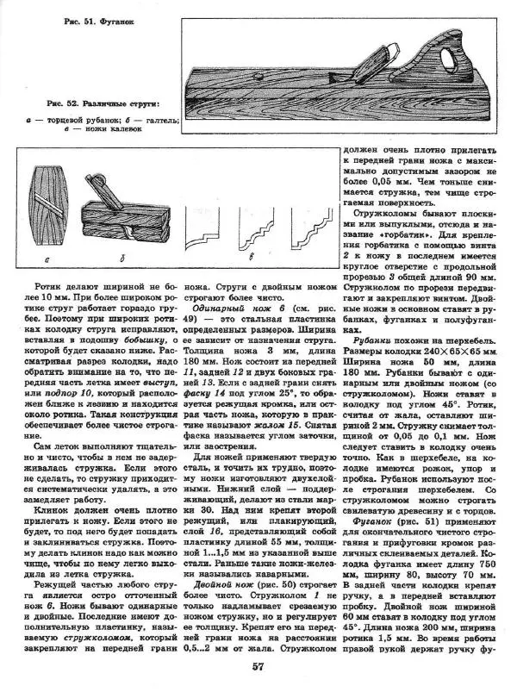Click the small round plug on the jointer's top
260,78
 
